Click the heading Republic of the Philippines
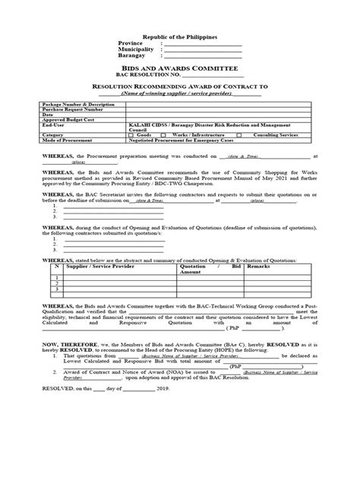pyautogui.click(x=179, y=37)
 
